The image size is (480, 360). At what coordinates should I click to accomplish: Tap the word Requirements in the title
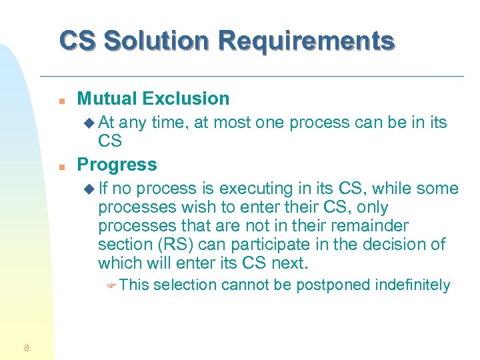click(306, 41)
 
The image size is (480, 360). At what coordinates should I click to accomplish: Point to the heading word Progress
click(117, 165)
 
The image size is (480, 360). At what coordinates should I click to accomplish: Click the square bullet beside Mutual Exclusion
click(61, 100)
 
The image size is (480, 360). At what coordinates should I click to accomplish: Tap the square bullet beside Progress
click(61, 166)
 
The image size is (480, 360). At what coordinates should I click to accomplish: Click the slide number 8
click(25, 347)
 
